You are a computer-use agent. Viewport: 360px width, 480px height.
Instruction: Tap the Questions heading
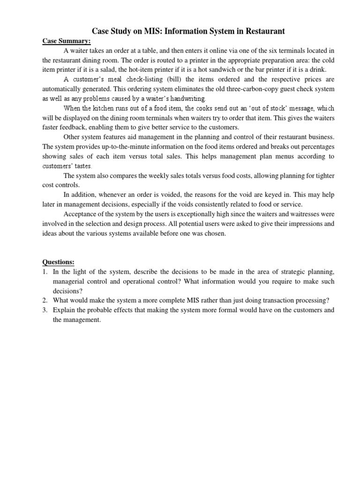(x=58, y=262)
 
